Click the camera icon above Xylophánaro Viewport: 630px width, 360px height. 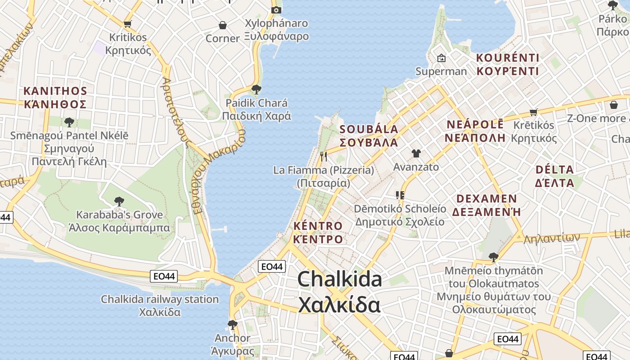276,10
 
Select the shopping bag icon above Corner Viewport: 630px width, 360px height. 222,25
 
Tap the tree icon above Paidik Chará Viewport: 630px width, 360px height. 256,89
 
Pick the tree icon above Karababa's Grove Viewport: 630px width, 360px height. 119,201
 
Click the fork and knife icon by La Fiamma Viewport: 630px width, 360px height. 323,156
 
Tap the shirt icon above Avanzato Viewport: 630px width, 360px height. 416,153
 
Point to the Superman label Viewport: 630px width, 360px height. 441,71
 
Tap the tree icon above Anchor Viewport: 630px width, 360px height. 232,324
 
